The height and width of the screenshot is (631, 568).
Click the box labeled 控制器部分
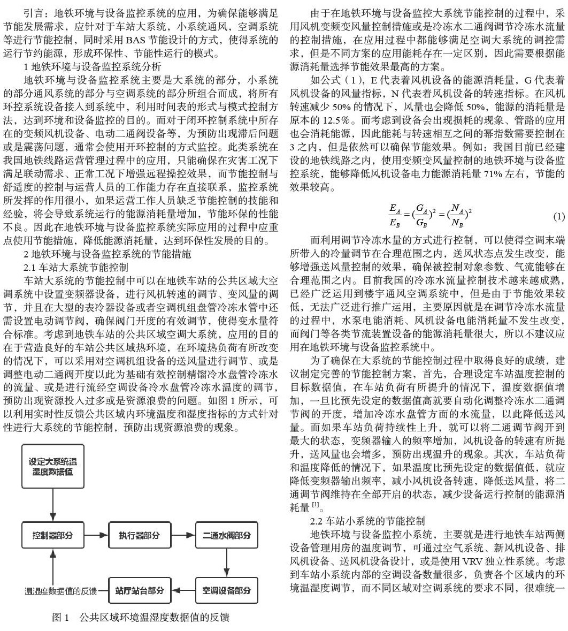pos(52,539)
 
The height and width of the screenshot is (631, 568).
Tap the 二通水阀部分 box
pos(226,539)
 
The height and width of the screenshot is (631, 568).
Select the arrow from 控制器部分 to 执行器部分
pos(95,539)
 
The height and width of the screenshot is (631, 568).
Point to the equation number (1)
pos(557,217)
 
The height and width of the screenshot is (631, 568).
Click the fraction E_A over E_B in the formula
pos(395,217)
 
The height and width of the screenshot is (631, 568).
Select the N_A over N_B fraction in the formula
pos(456,217)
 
